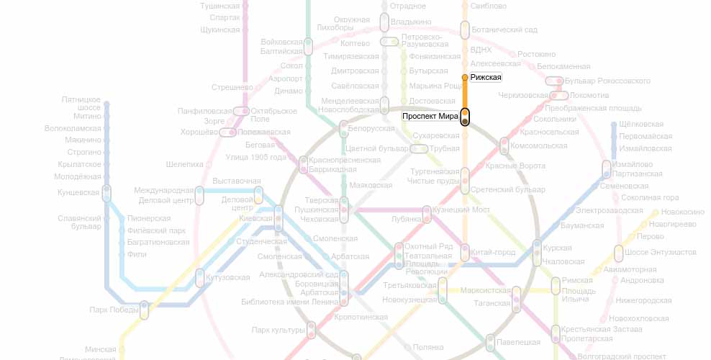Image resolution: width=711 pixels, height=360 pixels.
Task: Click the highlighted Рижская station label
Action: click(x=486, y=77)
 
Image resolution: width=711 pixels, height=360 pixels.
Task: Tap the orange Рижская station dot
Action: click(x=465, y=77)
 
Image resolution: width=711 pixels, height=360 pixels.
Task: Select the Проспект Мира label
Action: click(x=430, y=116)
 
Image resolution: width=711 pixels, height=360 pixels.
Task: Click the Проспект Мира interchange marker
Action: click(x=465, y=117)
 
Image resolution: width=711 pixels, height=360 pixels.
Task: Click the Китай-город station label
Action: click(x=493, y=252)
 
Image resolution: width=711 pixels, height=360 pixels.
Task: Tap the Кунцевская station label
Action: click(x=78, y=192)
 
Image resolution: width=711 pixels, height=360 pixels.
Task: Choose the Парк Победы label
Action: click(x=114, y=310)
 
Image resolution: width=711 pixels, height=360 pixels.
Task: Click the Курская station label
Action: click(x=557, y=247)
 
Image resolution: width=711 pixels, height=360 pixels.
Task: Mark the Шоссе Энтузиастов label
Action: click(x=661, y=252)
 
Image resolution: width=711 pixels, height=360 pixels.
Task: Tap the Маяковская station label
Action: click(x=371, y=185)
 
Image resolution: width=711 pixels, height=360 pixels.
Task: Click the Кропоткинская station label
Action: click(x=361, y=317)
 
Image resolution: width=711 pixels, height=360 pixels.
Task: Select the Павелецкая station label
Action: click(x=518, y=341)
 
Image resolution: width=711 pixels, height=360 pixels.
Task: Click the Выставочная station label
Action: click(x=237, y=181)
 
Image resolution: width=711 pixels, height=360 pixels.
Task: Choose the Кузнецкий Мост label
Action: click(x=461, y=210)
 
